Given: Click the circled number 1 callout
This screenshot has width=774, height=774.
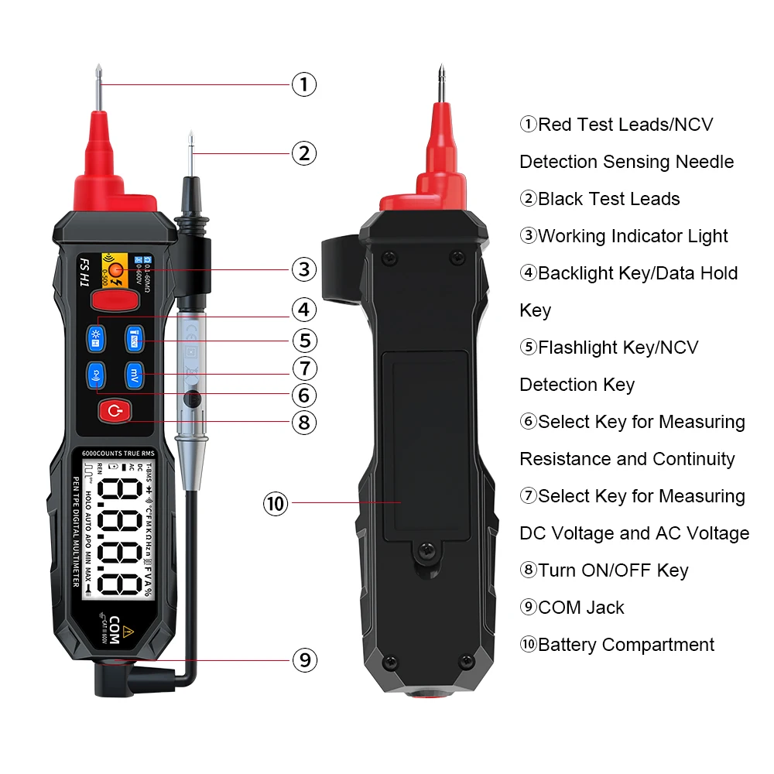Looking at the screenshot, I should (304, 84).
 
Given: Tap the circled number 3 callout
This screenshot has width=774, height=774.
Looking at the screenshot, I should (304, 269).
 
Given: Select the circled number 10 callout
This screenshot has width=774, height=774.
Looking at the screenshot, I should (276, 504).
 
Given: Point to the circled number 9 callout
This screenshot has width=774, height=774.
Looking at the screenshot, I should (304, 659).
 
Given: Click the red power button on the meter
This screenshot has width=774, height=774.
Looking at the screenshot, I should (115, 412).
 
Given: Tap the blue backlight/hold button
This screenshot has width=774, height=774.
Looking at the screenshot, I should (97, 337).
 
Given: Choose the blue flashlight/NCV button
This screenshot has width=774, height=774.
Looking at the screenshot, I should (135, 337).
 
